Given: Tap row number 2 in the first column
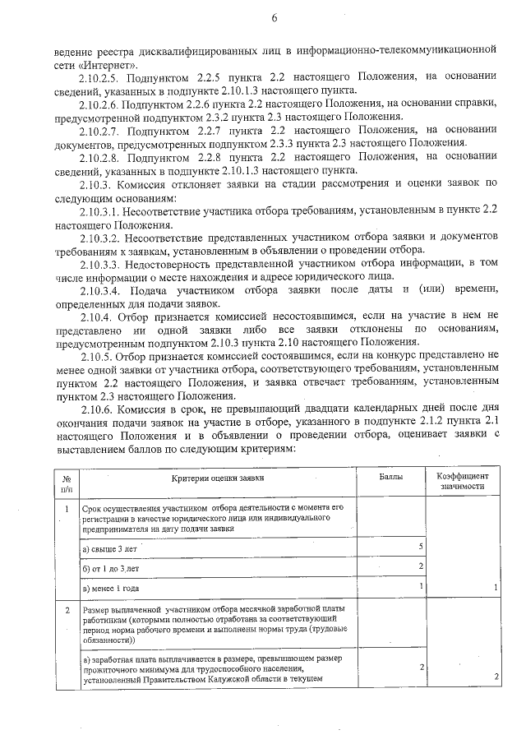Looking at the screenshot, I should coord(65,610).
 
